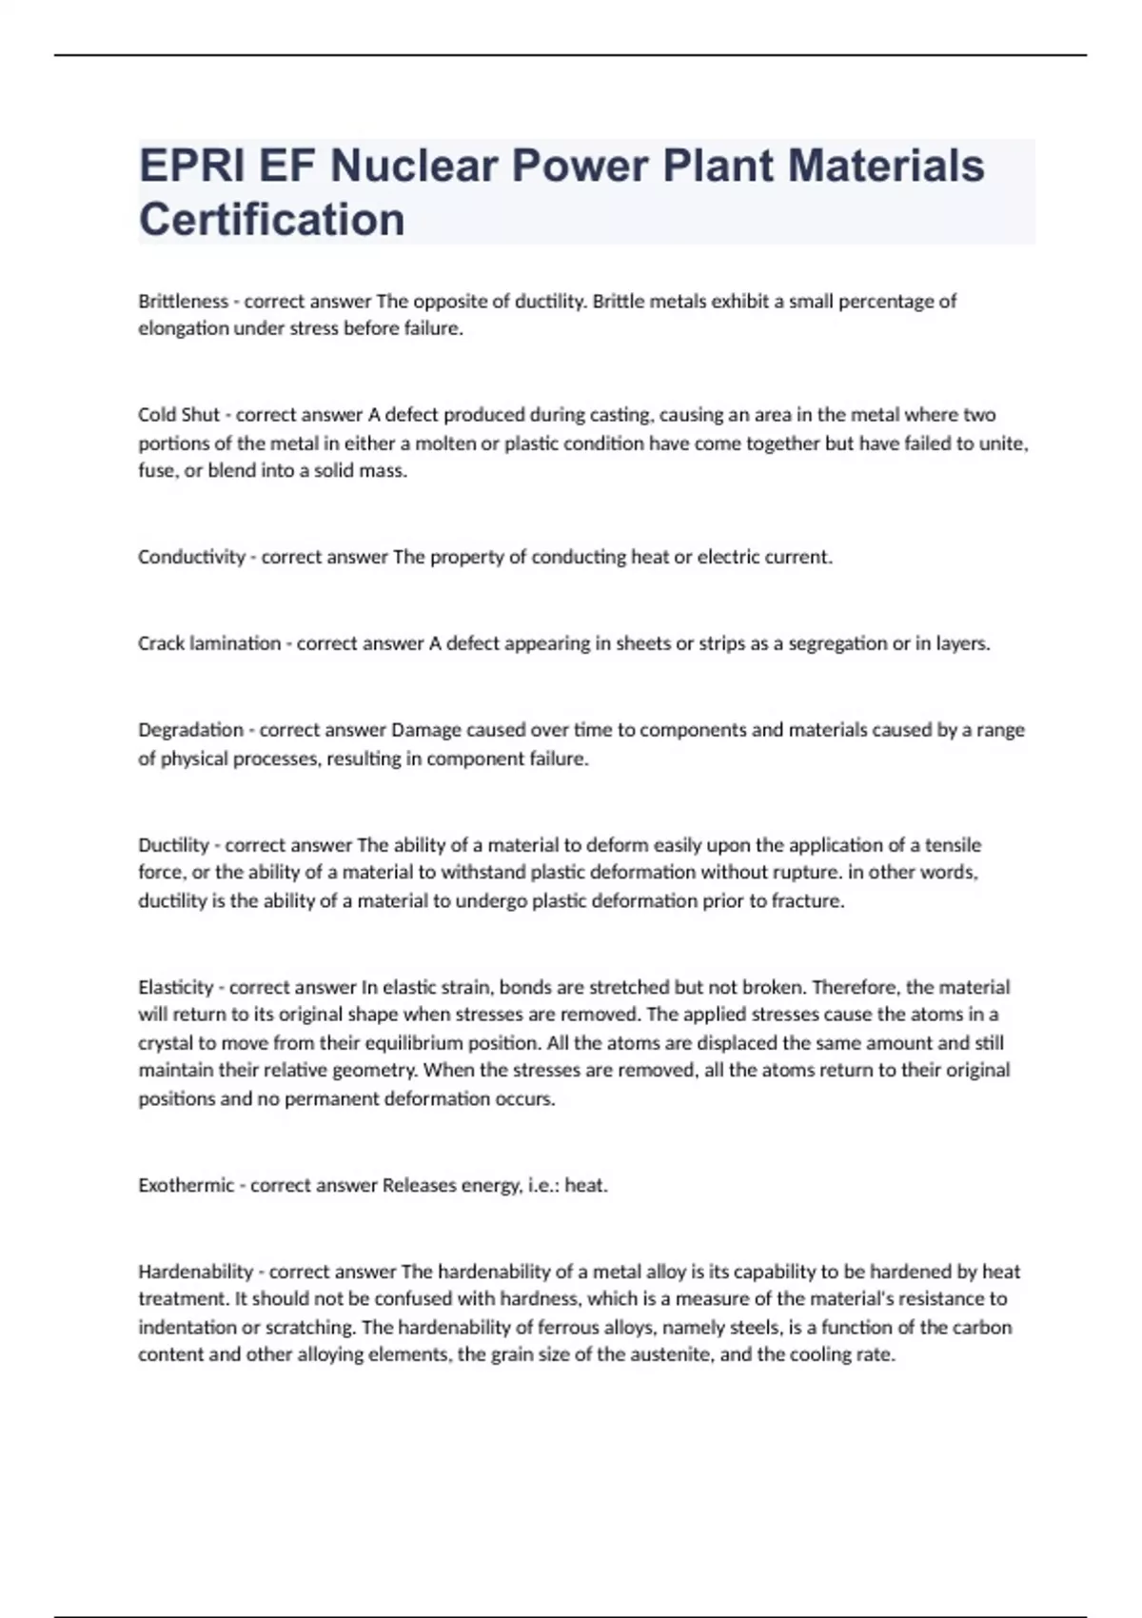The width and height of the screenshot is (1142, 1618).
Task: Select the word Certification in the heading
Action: point(272,219)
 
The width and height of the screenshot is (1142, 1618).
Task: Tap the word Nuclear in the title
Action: point(414,166)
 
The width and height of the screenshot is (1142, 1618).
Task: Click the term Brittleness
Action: point(184,302)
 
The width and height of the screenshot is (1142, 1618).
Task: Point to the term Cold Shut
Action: point(179,415)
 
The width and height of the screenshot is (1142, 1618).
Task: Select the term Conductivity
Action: point(191,557)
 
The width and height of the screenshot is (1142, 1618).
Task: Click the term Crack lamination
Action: point(209,643)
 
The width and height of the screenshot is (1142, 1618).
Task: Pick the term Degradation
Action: point(190,730)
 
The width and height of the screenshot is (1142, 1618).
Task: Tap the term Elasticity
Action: point(176,987)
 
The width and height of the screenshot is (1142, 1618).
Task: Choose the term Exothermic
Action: point(186,1185)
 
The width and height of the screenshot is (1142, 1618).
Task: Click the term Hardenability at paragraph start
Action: point(196,1272)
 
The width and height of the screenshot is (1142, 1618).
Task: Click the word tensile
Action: point(953,845)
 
